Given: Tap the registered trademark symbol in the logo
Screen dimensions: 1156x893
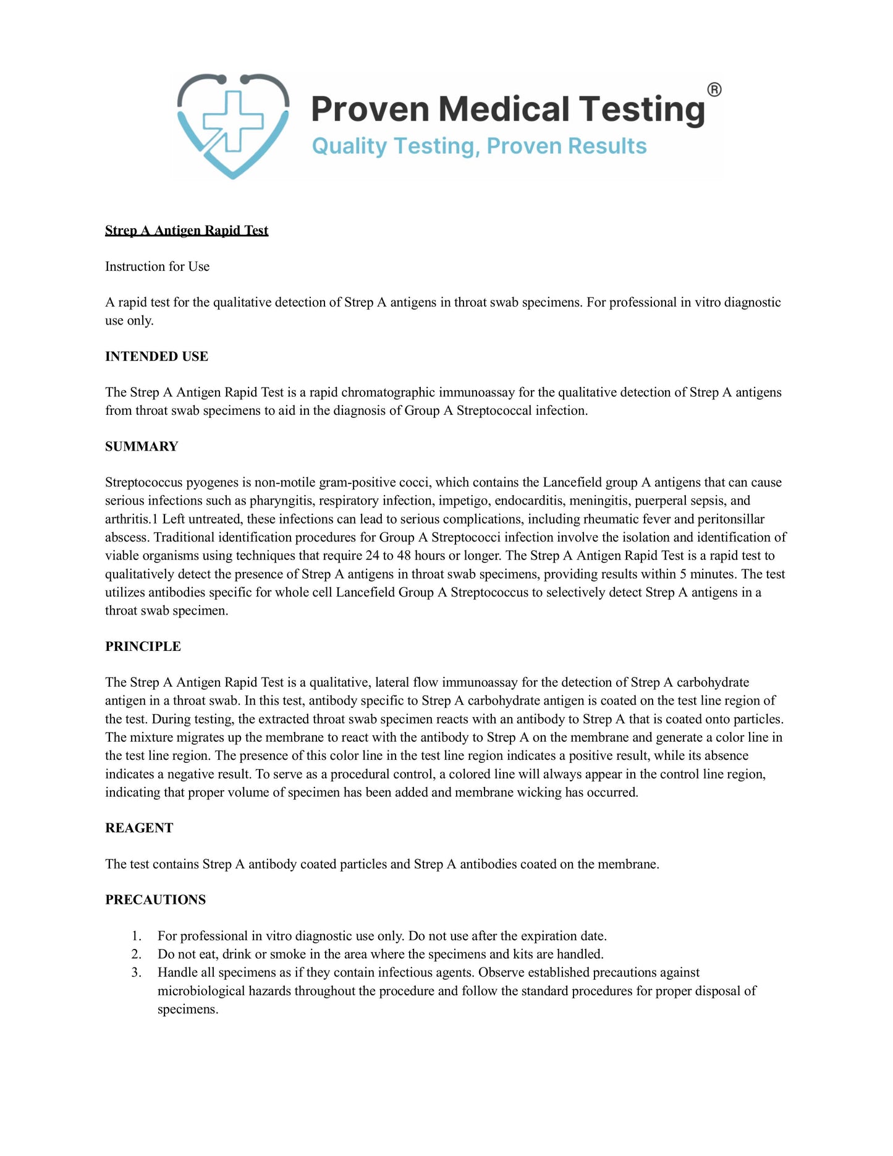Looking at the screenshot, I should tap(714, 90).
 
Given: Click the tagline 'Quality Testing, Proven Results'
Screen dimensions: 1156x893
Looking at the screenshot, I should tap(479, 147).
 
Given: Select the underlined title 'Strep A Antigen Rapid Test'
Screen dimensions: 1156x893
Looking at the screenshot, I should tap(187, 231).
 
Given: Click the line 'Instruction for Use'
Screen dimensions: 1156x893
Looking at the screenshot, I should tap(157, 266).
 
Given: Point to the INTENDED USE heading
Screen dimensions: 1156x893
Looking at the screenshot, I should tap(156, 357).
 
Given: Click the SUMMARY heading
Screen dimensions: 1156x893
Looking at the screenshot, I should tap(142, 447).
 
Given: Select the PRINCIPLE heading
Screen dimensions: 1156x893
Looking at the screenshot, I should tap(143, 647).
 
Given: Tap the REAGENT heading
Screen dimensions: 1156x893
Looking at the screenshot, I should tap(139, 828).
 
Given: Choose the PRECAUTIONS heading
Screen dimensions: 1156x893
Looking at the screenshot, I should tap(155, 900).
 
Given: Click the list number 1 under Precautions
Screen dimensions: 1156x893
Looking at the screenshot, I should tap(137, 936).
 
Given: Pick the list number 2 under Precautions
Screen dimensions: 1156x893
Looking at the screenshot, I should tap(137, 954).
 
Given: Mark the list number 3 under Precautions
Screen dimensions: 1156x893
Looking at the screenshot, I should tap(137, 973).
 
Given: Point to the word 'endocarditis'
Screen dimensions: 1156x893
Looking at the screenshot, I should tap(528, 501).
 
